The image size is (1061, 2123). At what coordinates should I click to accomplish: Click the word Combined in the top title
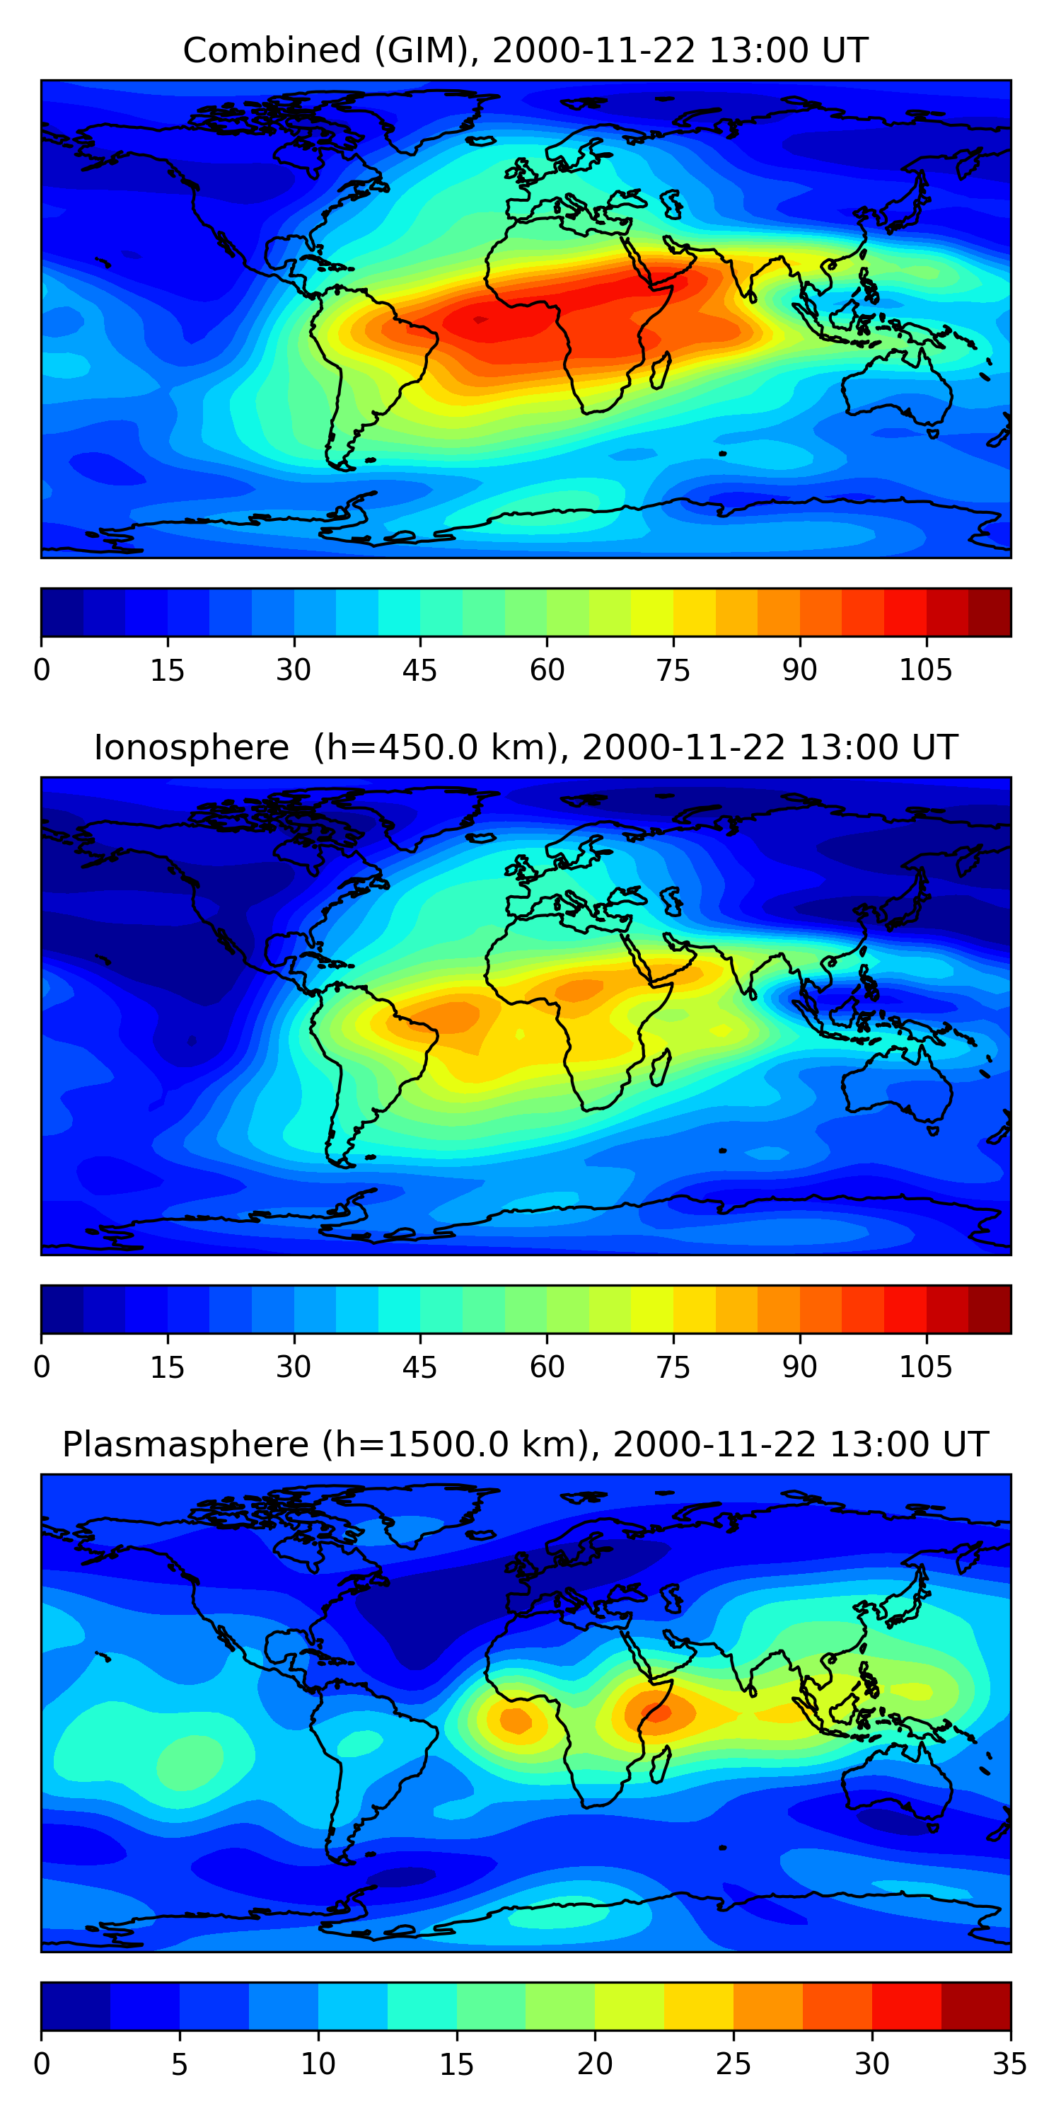(x=271, y=50)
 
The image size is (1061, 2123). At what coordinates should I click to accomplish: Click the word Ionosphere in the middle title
(x=191, y=747)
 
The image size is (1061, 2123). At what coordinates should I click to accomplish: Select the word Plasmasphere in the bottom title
(x=185, y=1445)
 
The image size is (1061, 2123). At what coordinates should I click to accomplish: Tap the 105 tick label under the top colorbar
(x=925, y=670)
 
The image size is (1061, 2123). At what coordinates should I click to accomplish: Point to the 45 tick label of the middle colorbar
(x=419, y=1367)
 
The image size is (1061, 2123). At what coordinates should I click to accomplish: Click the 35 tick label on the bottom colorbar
(x=1009, y=2064)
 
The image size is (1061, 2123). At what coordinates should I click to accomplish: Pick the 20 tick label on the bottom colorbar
(x=594, y=2064)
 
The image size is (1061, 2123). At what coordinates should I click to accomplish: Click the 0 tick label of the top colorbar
(x=42, y=670)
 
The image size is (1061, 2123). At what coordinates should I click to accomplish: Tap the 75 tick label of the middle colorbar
(x=672, y=1367)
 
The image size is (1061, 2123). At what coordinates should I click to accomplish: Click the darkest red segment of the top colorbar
(x=990, y=612)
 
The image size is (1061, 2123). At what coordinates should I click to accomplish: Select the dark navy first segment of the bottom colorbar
(x=75, y=2006)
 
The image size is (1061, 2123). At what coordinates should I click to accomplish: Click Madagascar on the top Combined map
(x=661, y=371)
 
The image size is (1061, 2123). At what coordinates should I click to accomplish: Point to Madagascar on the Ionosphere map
(x=661, y=1067)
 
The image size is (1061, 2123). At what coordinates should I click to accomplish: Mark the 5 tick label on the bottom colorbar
(x=180, y=2064)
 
